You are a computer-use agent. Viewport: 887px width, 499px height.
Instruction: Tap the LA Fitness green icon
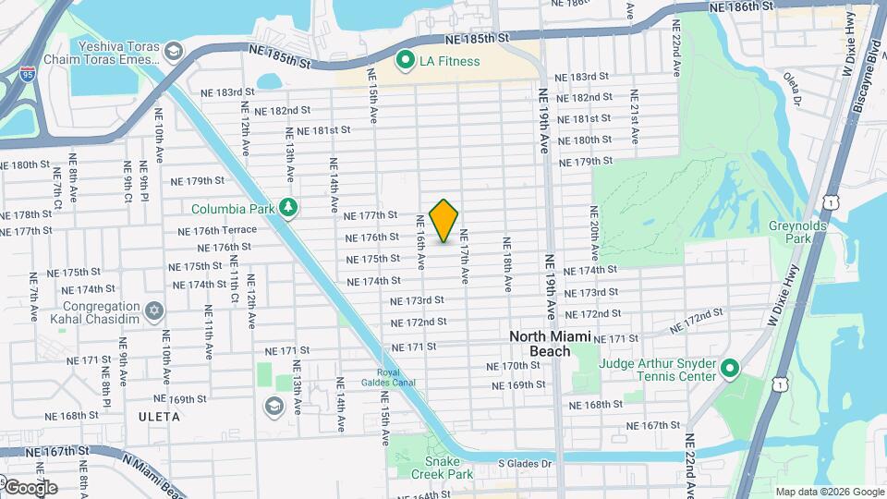(x=405, y=61)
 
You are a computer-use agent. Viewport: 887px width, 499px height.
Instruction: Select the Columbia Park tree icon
(x=288, y=208)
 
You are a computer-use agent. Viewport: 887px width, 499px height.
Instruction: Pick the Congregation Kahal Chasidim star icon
(x=154, y=309)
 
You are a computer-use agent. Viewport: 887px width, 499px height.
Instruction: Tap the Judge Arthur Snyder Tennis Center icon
(x=729, y=369)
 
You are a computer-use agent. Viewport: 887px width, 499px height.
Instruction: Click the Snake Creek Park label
(x=448, y=468)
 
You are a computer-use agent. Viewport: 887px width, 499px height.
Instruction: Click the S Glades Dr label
(x=524, y=464)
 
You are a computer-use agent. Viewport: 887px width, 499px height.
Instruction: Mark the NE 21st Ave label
(x=635, y=116)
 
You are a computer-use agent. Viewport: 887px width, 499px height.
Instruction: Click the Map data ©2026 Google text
(x=829, y=492)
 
